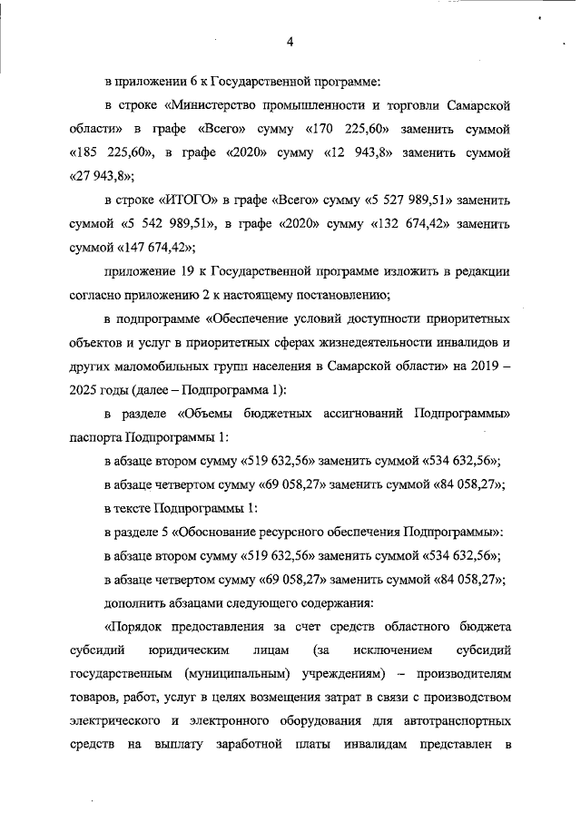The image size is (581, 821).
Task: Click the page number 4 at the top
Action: click(x=290, y=41)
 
